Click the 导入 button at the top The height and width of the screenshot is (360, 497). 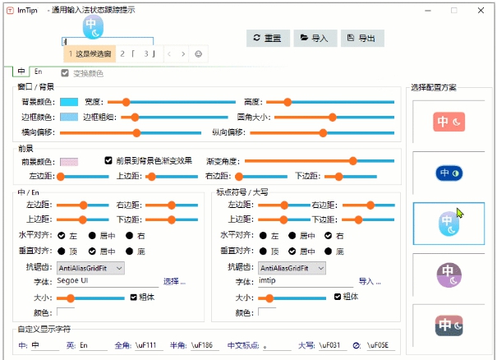315,38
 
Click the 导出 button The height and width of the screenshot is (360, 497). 361,38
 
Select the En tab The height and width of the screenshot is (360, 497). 39,72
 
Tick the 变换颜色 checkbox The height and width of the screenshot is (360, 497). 65,73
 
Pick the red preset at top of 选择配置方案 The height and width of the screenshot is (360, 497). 449,122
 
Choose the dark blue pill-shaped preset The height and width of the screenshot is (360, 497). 449,173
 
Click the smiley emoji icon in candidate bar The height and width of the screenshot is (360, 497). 198,53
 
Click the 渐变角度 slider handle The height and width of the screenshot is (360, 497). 352,161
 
